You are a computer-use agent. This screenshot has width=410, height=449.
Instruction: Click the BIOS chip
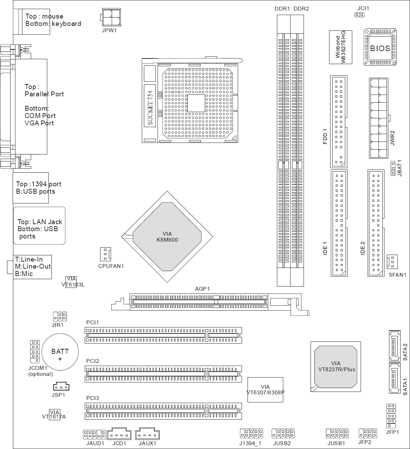[x=380, y=47]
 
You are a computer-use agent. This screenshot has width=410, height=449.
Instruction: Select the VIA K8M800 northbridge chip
[x=167, y=237]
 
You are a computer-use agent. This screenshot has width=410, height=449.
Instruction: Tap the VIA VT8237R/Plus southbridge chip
[x=336, y=367]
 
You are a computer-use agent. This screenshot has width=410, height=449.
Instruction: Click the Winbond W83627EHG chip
[x=340, y=47]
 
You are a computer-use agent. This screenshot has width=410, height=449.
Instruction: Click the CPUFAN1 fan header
[x=105, y=254]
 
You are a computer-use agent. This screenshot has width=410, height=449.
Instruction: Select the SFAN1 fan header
[x=392, y=262]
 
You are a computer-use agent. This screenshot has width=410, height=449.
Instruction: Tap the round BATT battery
[x=60, y=352]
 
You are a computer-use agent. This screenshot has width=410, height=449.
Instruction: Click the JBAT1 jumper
[x=393, y=168]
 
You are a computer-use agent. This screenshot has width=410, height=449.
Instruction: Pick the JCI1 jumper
[x=360, y=15]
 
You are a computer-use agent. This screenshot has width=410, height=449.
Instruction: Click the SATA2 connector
[x=395, y=346]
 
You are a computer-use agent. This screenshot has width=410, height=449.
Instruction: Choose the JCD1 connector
[x=119, y=434]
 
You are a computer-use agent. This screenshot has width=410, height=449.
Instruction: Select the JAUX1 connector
[x=147, y=434]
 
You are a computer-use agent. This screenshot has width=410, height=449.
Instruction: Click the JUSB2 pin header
[x=283, y=434]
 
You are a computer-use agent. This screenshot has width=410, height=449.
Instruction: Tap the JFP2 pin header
[x=368, y=434]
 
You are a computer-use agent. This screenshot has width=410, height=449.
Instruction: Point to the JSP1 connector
[x=61, y=386]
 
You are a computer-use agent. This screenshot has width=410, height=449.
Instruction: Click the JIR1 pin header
[x=60, y=317]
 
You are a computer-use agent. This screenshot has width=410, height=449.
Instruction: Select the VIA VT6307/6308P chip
[x=265, y=390]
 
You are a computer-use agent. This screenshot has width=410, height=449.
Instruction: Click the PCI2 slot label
[x=93, y=361]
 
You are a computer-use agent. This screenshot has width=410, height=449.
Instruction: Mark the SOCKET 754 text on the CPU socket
[x=150, y=108]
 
